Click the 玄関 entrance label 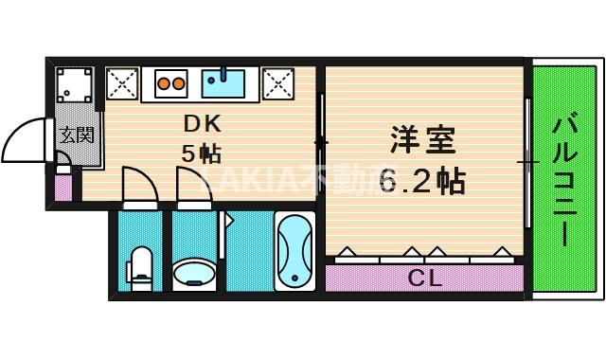point(77,135)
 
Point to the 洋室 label point(423,140)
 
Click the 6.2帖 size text point(423,180)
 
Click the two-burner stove point(170,83)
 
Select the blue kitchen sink point(224,83)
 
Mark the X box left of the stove point(122,83)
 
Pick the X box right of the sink point(278,83)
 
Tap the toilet point(141,268)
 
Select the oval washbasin point(194,274)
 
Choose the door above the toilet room point(137,184)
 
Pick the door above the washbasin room point(189,184)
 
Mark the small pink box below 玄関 point(63,186)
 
